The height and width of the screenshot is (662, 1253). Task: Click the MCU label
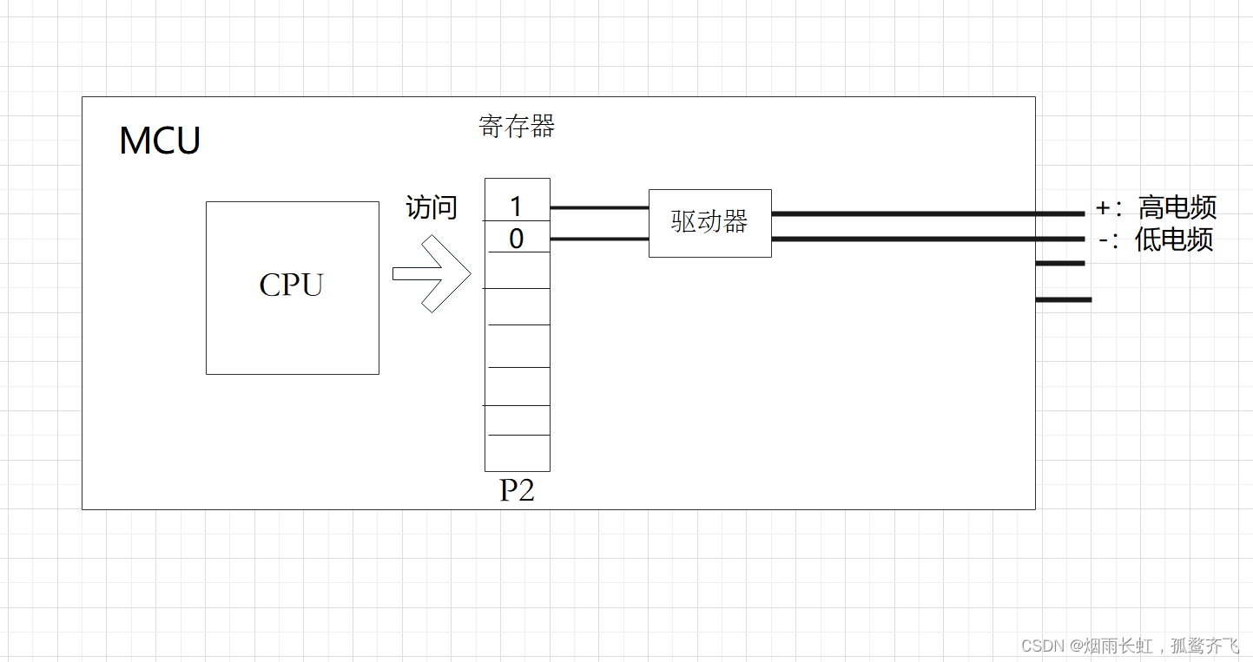pyautogui.click(x=160, y=141)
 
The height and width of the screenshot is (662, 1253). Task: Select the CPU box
pyautogui.click(x=292, y=287)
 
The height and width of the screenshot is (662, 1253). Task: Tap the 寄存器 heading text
pyautogui.click(x=517, y=127)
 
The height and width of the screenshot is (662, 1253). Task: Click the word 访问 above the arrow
pyautogui.click(x=432, y=207)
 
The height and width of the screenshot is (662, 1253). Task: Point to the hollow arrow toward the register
pyautogui.click(x=432, y=274)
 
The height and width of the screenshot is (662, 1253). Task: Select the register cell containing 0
pyautogui.click(x=517, y=238)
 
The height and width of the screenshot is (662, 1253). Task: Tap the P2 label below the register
pyautogui.click(x=517, y=490)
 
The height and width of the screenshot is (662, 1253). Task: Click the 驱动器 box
pyautogui.click(x=709, y=222)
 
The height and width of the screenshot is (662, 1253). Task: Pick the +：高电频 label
pyautogui.click(x=1156, y=208)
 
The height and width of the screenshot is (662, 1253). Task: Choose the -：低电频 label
pyautogui.click(x=1156, y=239)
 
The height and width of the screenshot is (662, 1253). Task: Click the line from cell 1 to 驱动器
pyautogui.click(x=599, y=208)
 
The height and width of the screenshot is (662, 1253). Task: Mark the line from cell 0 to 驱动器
pyautogui.click(x=599, y=239)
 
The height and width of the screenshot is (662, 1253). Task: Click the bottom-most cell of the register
pyautogui.click(x=517, y=453)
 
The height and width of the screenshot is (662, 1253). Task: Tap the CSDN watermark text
pyautogui.click(x=1130, y=646)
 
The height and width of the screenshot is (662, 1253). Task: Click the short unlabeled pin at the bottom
pyautogui.click(x=1064, y=299)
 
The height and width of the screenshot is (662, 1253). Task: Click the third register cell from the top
pyautogui.click(x=517, y=270)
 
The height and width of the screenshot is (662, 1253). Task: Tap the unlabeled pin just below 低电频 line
pyautogui.click(x=1060, y=263)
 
